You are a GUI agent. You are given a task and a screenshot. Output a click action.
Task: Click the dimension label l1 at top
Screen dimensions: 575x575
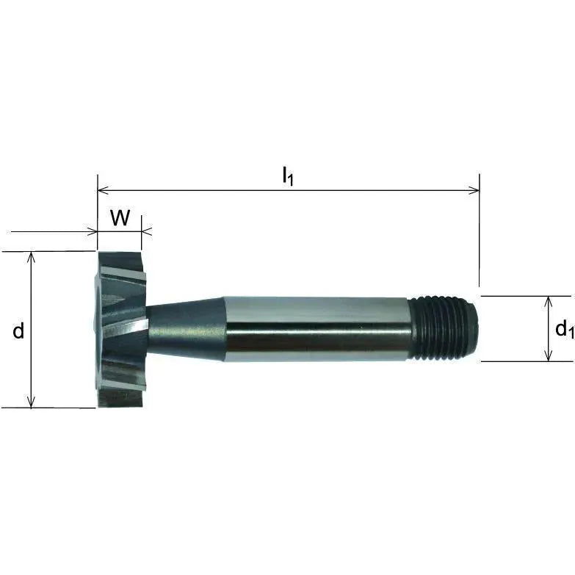(x=288, y=176)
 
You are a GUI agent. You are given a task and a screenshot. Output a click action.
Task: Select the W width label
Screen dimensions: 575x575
(x=120, y=218)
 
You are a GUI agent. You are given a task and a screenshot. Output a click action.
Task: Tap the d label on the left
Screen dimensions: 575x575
(x=18, y=331)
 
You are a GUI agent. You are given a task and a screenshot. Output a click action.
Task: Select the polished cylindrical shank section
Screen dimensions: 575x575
(x=316, y=328)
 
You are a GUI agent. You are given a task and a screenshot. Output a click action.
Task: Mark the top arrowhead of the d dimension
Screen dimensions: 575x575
(x=31, y=256)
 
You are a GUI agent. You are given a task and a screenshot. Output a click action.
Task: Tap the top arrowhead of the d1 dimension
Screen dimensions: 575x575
(x=548, y=301)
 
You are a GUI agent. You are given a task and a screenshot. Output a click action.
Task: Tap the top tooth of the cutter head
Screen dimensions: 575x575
(x=121, y=265)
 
